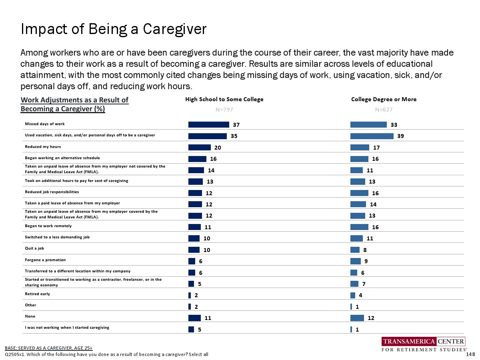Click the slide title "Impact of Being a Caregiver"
point(113,29)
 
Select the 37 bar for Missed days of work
point(208,125)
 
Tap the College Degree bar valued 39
point(372,136)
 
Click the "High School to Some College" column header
point(224,100)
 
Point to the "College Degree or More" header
point(384,100)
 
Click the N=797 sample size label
point(224,109)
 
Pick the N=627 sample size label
point(384,109)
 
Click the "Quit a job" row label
point(34,248)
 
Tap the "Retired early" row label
point(38,294)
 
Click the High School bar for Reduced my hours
point(199,148)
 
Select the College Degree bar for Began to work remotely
point(359,227)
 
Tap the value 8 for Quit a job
point(365,250)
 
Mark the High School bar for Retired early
point(190,296)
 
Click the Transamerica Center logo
point(424,345)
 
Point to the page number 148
point(471,354)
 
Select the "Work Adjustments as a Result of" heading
point(75,100)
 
